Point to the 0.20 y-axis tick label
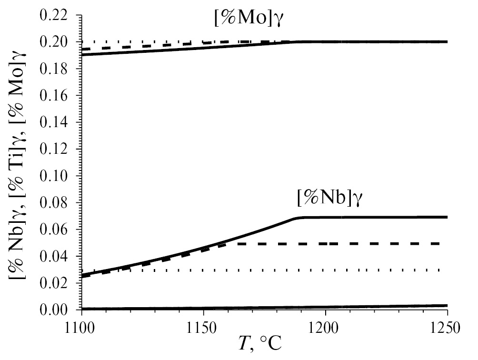point(58,42)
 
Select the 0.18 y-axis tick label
point(58,69)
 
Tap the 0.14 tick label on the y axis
point(58,122)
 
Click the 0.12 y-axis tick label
point(58,149)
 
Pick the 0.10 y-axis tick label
point(58,176)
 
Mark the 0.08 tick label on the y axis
point(58,203)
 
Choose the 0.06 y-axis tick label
point(58,230)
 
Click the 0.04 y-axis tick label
point(58,256)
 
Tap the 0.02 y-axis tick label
point(58,283)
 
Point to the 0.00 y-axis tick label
point(58,310)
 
